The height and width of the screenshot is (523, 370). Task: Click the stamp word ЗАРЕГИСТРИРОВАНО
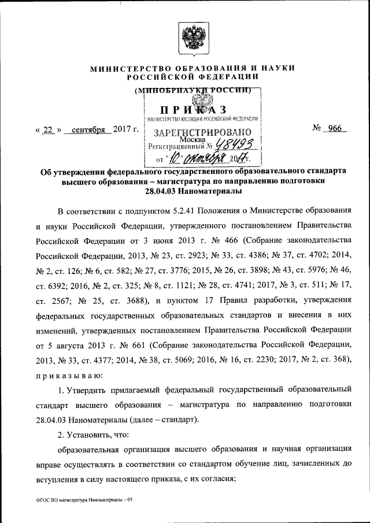tap(202, 132)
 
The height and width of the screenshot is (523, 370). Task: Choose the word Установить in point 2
tap(96, 433)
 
